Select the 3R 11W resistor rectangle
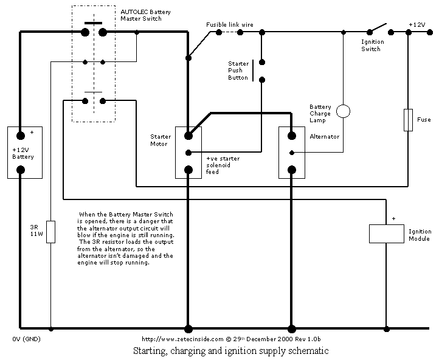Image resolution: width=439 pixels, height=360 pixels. [50, 232]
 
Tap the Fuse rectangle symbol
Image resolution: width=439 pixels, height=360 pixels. [408, 120]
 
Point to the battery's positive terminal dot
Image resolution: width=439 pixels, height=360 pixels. [21, 136]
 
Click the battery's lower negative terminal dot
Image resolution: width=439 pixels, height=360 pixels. [21, 170]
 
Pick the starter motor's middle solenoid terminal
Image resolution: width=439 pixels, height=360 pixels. [188, 153]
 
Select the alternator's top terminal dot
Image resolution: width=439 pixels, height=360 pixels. [292, 136]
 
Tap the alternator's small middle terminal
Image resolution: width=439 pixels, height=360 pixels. [292, 153]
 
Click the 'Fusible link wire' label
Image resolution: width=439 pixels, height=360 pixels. [230, 25]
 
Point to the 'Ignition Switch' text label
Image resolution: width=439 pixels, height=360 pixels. [372, 46]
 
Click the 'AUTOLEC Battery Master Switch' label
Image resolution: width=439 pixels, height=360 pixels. [145, 15]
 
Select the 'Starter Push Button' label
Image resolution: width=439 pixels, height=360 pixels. [238, 71]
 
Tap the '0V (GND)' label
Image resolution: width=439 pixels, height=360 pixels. [26, 339]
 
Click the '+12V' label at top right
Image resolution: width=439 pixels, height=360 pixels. [417, 25]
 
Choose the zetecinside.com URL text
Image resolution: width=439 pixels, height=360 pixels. [182, 339]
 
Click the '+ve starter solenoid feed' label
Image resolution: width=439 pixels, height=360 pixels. [223, 165]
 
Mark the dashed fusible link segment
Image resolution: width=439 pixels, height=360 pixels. [230, 32]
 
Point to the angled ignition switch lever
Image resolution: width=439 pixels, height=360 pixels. [378, 28]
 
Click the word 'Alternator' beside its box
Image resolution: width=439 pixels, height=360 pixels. [325, 137]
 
